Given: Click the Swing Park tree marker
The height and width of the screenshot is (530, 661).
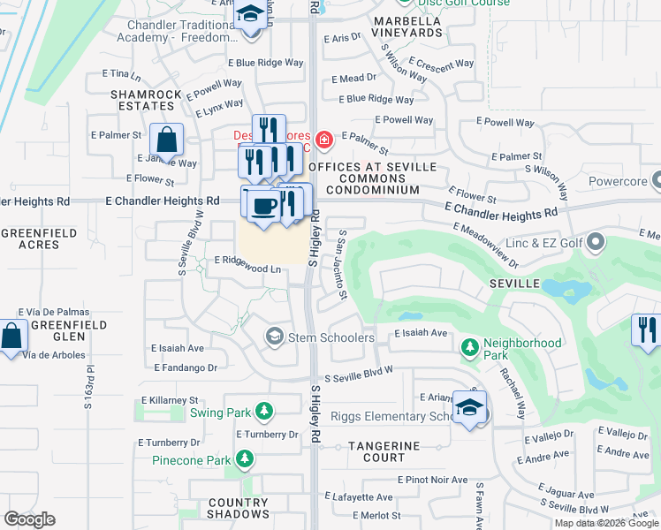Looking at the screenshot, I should click(x=263, y=412).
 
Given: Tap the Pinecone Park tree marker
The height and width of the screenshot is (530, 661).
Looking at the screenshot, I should click(x=245, y=459).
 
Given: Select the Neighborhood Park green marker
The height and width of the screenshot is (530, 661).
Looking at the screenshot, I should click(x=468, y=349).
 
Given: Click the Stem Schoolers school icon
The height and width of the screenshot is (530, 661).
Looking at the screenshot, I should click(x=275, y=337).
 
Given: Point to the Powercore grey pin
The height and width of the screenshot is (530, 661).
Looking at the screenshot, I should click(x=657, y=181).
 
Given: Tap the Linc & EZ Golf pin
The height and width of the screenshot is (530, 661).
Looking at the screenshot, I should click(x=596, y=241).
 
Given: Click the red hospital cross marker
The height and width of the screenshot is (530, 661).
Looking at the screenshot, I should click(x=324, y=140).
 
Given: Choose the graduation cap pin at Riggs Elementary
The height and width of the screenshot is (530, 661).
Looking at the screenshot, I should click(x=469, y=408).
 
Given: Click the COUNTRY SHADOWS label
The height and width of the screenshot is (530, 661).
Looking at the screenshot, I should click(x=239, y=508).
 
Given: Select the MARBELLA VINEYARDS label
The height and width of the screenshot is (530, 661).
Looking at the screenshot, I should click(x=407, y=26).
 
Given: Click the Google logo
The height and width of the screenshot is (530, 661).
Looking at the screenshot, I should click(x=30, y=519).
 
